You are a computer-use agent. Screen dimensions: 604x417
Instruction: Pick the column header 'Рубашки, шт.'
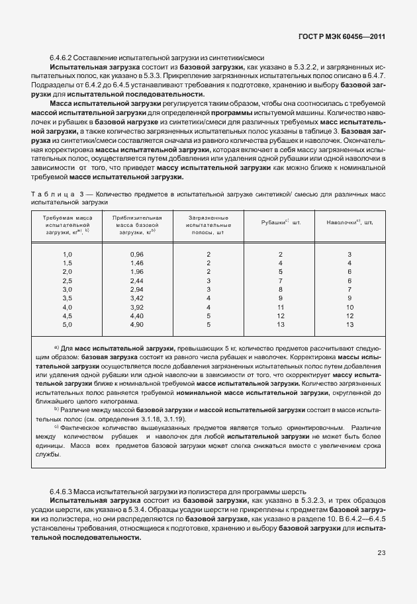[281, 223]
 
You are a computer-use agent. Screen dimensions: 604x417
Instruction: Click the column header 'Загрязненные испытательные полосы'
[208, 225]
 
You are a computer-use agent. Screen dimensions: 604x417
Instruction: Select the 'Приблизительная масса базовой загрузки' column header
[137, 225]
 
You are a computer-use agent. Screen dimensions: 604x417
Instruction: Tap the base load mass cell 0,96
[137, 255]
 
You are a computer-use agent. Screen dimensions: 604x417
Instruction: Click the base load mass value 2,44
[137, 281]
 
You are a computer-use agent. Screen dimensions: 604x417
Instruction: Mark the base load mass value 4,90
[137, 325]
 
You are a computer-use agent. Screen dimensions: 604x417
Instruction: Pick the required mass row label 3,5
[67, 298]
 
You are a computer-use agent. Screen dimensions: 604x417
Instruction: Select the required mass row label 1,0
[67, 255]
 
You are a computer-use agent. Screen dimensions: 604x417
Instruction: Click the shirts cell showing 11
[281, 308]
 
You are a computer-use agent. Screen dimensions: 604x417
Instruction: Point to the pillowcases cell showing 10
[349, 308]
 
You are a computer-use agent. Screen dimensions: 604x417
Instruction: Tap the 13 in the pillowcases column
[349, 325]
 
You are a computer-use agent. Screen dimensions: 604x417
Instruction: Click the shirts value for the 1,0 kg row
[281, 255]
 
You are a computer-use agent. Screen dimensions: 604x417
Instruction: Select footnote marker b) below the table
[57, 410]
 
